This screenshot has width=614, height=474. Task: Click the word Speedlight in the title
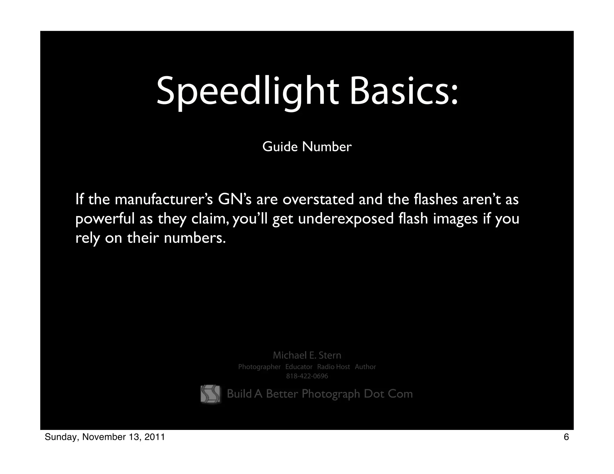[x=248, y=91]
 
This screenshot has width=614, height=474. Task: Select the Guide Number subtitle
[x=307, y=147]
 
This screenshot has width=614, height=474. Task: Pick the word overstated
[x=318, y=200]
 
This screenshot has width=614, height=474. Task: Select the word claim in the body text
[x=211, y=219]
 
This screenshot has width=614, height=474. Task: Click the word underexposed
[x=346, y=219]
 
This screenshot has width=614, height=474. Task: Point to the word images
[x=455, y=219]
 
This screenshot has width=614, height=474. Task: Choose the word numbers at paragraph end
[x=195, y=238]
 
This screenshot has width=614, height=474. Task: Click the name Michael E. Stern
[x=307, y=355]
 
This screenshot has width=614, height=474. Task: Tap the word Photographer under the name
[x=259, y=367]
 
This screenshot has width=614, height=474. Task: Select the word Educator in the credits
[x=299, y=367]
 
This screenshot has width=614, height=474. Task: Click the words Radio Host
[x=333, y=367]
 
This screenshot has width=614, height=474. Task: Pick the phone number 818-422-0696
[x=307, y=376]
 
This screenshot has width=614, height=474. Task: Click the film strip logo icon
[x=210, y=394]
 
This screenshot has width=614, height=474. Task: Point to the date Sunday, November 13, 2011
[x=105, y=437]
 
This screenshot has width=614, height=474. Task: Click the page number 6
[x=566, y=437]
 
